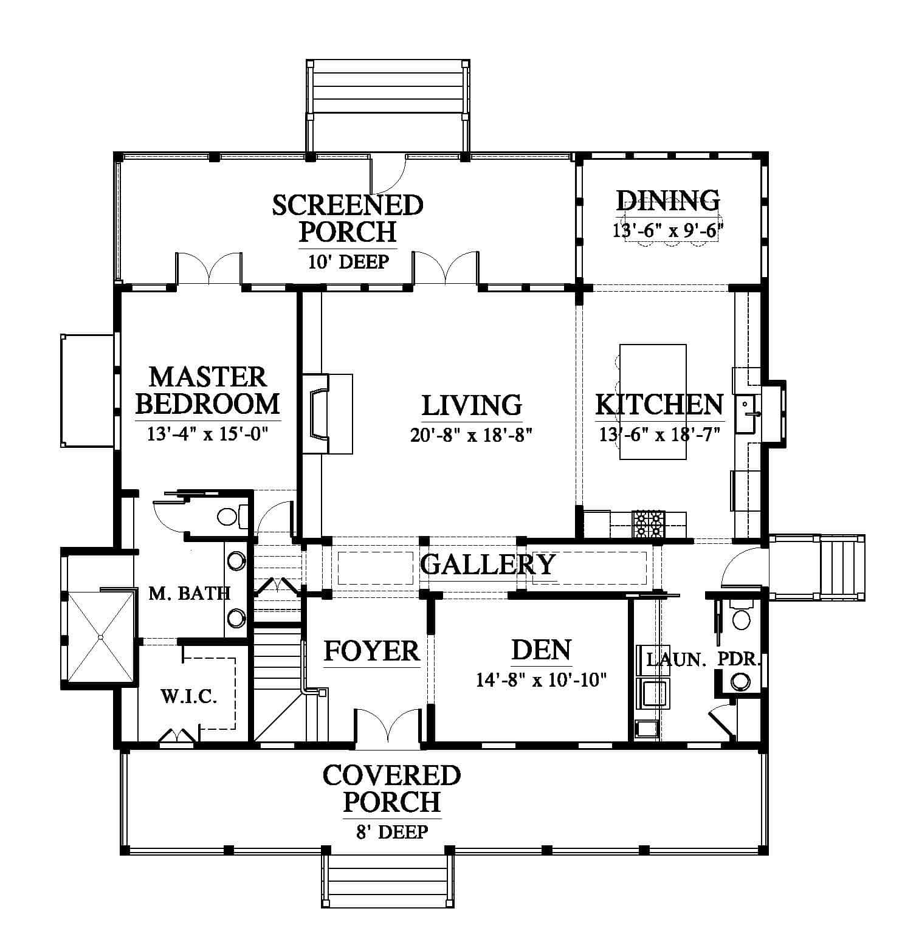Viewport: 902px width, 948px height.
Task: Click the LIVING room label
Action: (x=472, y=405)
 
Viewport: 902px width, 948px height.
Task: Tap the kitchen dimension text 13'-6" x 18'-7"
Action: (x=659, y=435)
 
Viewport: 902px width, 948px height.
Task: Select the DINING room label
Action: (x=668, y=199)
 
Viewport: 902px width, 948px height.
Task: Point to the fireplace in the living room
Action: (x=328, y=414)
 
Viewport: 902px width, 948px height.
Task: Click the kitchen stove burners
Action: (x=649, y=524)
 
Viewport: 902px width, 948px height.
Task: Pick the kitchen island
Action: (x=653, y=402)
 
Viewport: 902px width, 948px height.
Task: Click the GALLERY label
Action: (x=487, y=565)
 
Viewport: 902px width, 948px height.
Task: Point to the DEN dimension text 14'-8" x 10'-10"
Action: (x=542, y=679)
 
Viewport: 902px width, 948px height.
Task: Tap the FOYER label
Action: (x=371, y=651)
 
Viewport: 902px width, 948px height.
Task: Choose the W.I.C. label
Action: (x=189, y=696)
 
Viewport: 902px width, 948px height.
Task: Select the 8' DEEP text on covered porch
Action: (x=392, y=831)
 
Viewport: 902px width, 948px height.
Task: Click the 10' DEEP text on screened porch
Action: (x=348, y=262)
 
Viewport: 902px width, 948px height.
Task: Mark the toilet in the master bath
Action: (x=233, y=517)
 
